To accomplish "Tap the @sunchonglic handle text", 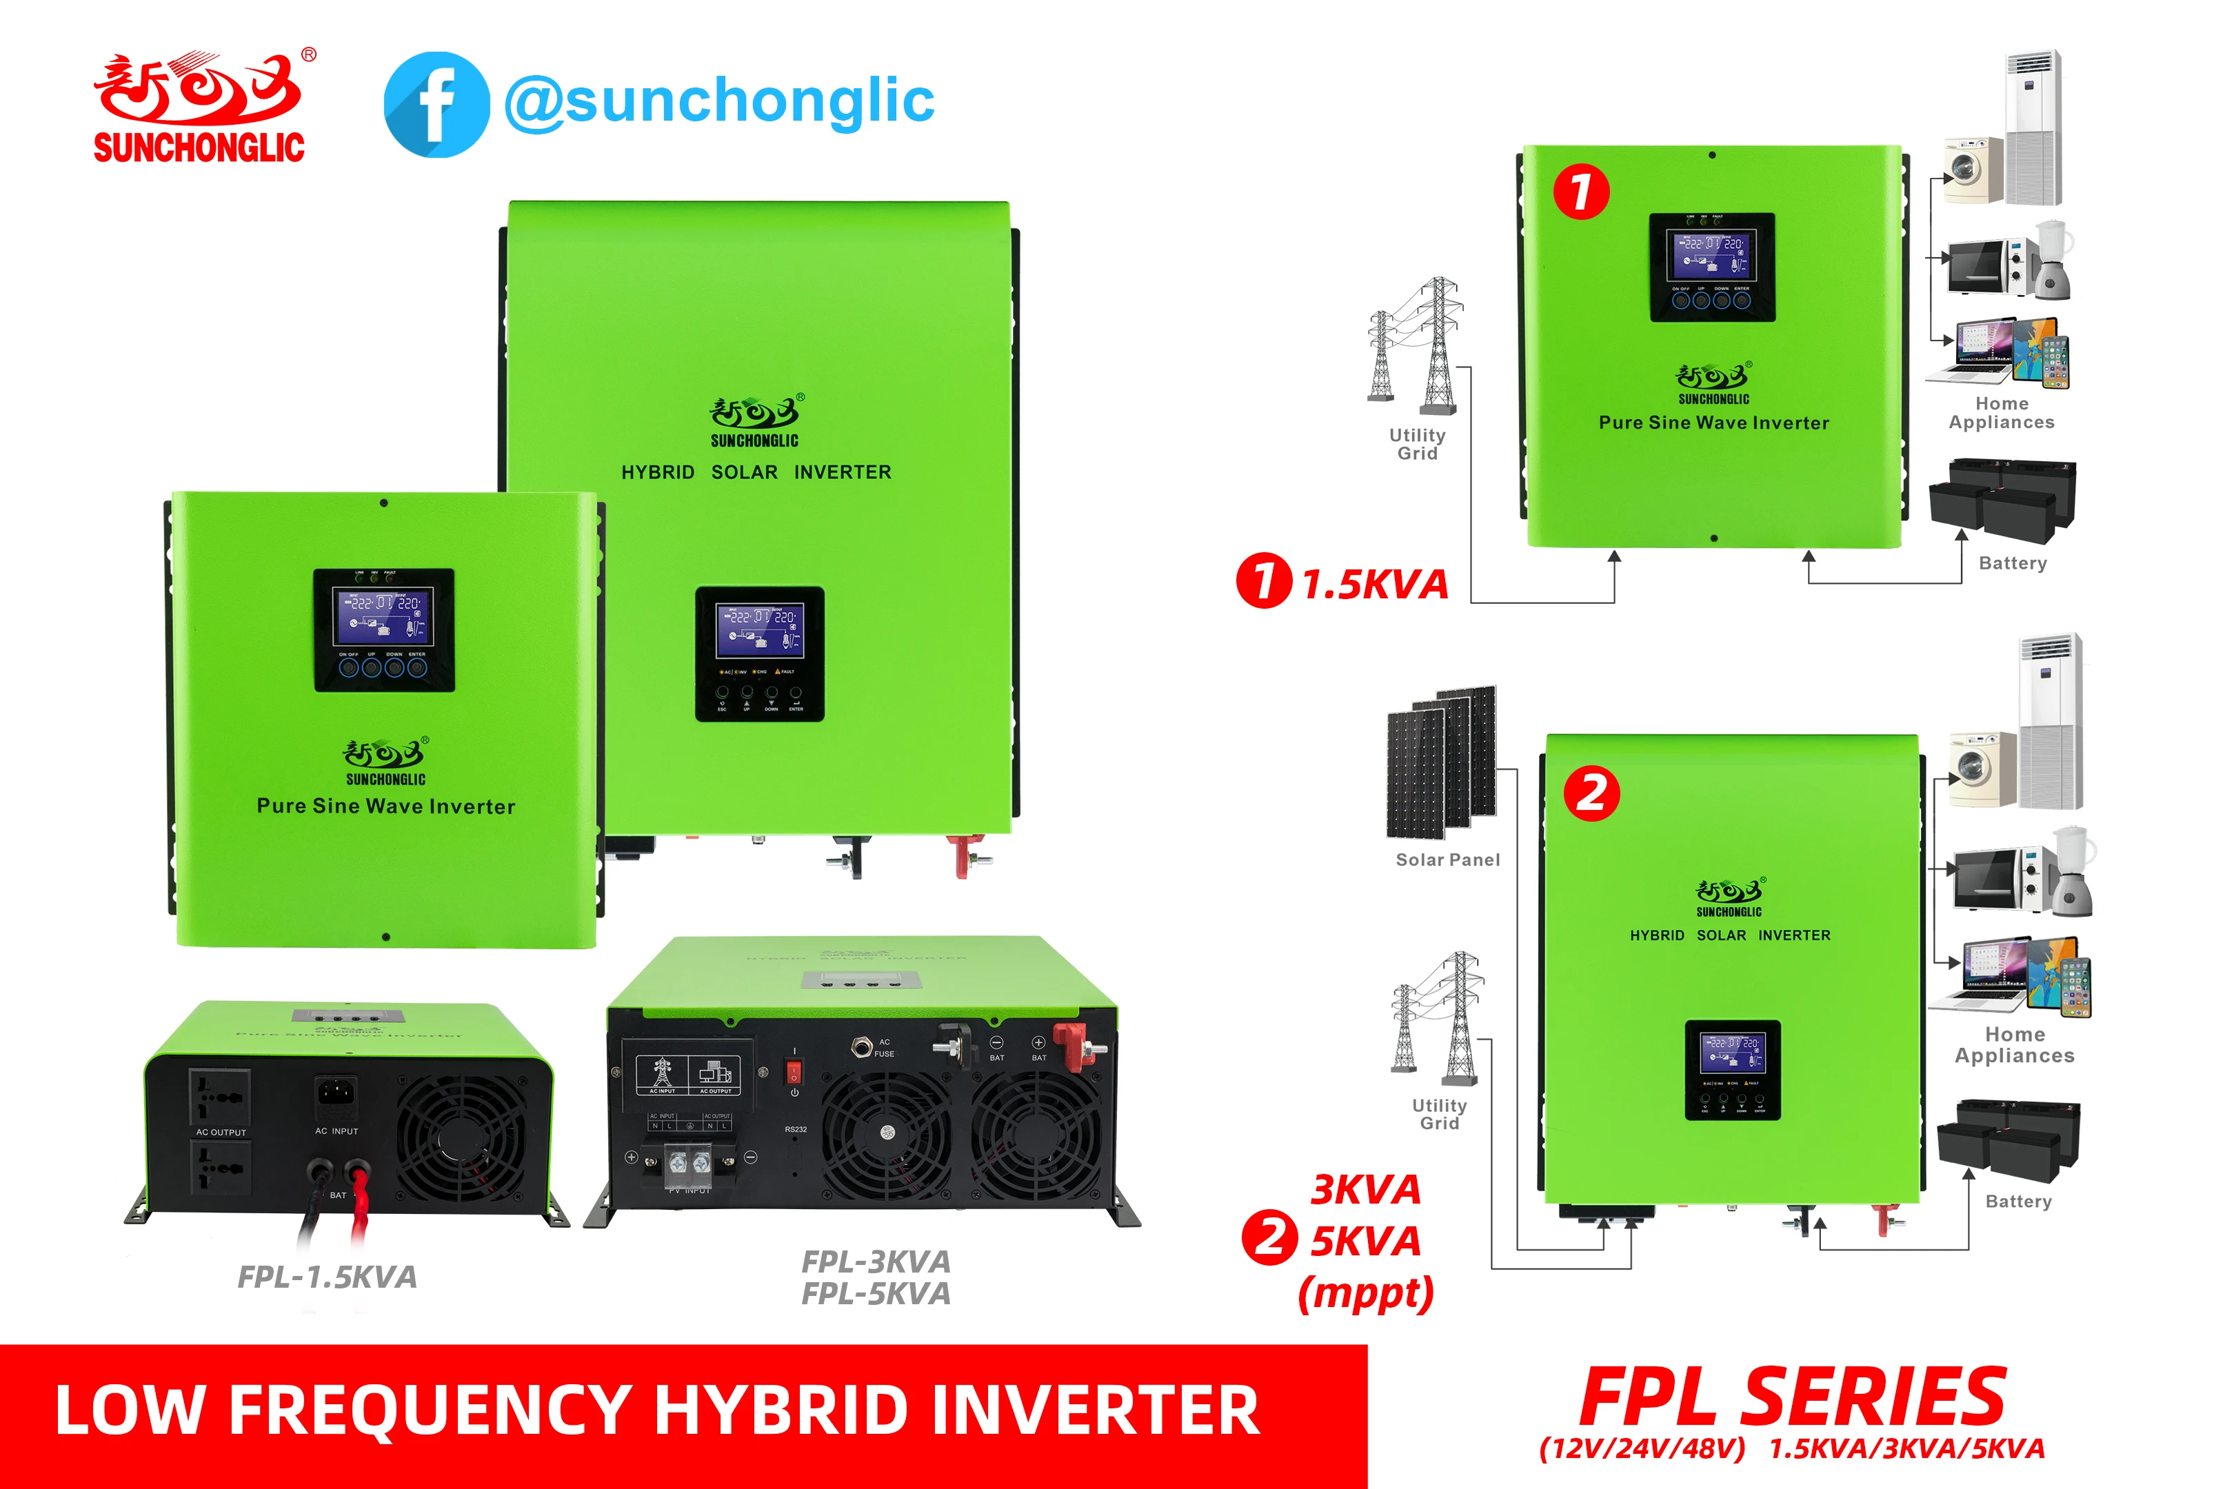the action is tap(719, 101).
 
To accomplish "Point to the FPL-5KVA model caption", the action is tap(875, 1293).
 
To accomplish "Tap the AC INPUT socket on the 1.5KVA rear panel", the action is tap(336, 1094).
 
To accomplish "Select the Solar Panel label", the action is tap(1447, 860).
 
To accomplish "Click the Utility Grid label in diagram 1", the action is tap(1417, 443).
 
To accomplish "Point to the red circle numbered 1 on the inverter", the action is tap(1580, 191).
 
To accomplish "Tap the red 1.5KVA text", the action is tap(1374, 584).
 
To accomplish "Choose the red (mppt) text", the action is tap(1366, 1293).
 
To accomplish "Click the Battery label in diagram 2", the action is tap(2018, 1202).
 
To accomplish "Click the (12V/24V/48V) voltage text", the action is tap(1642, 1449).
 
